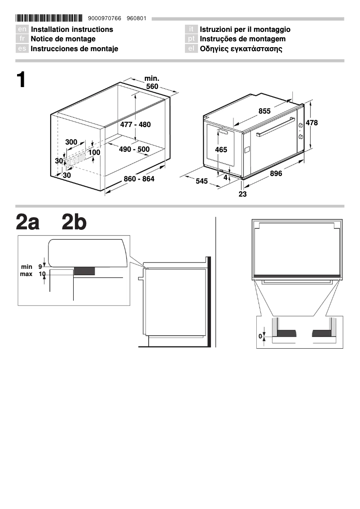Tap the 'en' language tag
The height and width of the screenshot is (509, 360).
click(x=22, y=30)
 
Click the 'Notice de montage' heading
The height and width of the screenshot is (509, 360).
click(x=63, y=39)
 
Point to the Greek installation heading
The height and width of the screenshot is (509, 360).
click(x=241, y=48)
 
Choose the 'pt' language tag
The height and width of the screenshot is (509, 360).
click(x=191, y=39)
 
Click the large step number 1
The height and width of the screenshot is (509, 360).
click(x=21, y=80)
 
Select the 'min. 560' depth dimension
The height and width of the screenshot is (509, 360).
click(x=152, y=83)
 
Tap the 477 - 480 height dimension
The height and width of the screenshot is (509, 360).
click(x=135, y=124)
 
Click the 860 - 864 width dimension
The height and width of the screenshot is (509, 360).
click(x=139, y=179)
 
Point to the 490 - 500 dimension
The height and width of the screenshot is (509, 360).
click(x=134, y=149)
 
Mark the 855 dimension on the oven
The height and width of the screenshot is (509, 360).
click(x=264, y=111)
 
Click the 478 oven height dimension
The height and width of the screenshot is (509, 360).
click(x=312, y=123)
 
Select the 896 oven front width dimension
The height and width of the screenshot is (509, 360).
click(x=276, y=174)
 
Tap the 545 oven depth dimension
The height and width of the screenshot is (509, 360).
click(x=202, y=181)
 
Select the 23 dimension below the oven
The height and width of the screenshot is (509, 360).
click(x=242, y=194)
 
